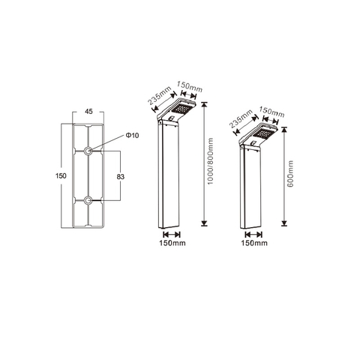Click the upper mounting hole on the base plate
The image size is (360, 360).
88,151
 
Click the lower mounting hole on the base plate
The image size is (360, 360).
88,199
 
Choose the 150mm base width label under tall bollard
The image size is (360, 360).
172,243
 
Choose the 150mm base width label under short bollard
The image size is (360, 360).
253,243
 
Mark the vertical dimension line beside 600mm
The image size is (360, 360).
283,181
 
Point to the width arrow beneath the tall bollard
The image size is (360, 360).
172,233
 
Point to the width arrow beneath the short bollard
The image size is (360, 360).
253,233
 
